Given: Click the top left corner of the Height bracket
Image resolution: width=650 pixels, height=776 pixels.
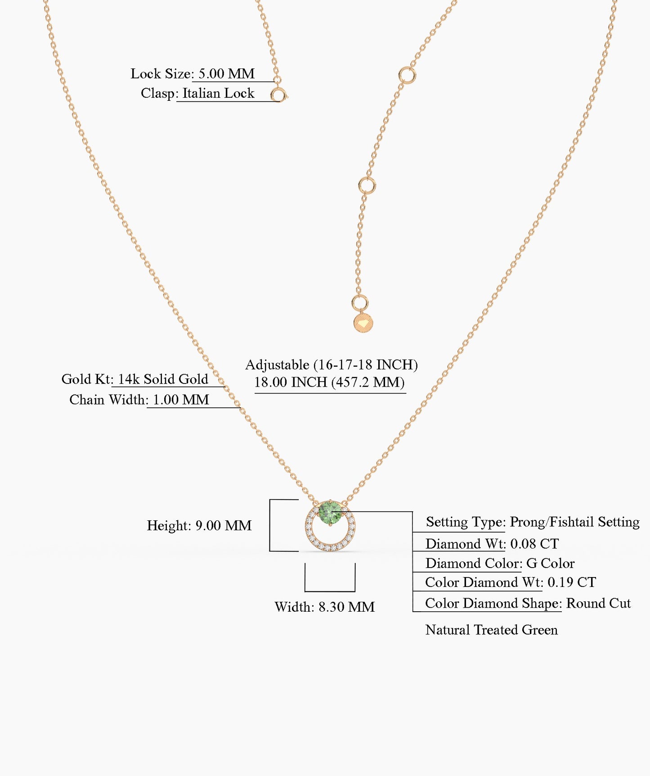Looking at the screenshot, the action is [x=270, y=500].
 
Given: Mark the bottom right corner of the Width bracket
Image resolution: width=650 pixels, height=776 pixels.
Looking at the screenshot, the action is [x=355, y=591].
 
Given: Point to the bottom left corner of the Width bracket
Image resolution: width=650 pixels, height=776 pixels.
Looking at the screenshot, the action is [x=305, y=591].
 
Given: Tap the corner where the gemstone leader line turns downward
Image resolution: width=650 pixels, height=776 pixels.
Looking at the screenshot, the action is [x=412, y=512].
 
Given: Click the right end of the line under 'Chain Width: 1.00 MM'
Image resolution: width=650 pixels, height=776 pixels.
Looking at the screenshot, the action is [x=241, y=408].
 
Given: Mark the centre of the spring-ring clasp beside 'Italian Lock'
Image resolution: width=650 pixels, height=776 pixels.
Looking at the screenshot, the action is [x=278, y=95].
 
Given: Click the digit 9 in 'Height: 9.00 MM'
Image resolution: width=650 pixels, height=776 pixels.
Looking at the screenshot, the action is [x=199, y=526].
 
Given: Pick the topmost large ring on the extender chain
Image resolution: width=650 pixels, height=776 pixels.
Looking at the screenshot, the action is [x=407, y=75].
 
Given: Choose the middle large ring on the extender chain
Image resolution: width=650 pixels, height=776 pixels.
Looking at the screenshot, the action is [x=367, y=185].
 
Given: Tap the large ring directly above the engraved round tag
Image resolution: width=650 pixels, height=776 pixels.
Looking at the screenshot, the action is [x=359, y=303].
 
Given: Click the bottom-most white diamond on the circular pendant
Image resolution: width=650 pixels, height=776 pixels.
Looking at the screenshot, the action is [x=330, y=548].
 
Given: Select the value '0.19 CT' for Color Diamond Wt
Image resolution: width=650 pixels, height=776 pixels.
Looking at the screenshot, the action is [x=572, y=582].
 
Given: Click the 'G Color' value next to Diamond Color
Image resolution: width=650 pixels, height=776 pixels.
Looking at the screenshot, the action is [x=551, y=564].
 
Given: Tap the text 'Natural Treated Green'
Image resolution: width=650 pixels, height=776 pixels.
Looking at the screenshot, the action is [x=492, y=630].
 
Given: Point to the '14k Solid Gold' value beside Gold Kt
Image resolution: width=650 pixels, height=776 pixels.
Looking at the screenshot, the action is [x=163, y=379].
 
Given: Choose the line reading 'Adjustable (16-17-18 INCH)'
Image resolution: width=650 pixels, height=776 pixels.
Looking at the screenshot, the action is [x=332, y=365].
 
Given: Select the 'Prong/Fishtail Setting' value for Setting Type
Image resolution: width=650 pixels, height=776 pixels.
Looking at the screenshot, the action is [x=574, y=522].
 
